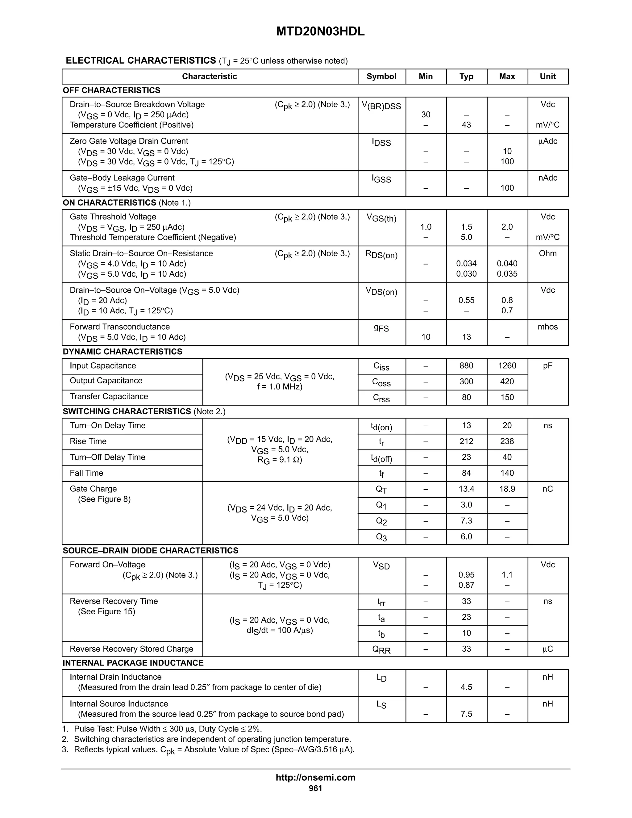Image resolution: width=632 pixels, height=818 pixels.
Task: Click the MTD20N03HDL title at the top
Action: click(x=320, y=31)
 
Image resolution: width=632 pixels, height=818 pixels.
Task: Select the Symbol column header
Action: click(x=381, y=77)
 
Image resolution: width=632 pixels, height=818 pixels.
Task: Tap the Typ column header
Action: click(x=466, y=77)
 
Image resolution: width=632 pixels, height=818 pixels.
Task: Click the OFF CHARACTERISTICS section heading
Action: click(x=112, y=90)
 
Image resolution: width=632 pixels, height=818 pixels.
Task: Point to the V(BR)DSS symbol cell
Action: click(x=381, y=106)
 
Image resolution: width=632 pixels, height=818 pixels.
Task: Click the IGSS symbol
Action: click(x=381, y=179)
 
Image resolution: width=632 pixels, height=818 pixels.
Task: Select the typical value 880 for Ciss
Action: click(x=466, y=365)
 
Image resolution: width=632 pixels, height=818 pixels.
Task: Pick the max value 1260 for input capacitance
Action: click(x=507, y=365)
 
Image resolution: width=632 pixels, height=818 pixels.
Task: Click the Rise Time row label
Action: click(x=88, y=441)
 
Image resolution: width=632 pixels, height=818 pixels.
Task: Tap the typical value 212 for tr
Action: click(x=466, y=441)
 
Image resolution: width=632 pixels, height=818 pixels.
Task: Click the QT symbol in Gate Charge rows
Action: click(x=381, y=489)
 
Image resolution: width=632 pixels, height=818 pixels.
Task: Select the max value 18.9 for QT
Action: click(x=507, y=489)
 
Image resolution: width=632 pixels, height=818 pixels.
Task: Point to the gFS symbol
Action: click(x=381, y=328)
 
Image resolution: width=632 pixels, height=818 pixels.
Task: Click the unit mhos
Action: click(x=547, y=327)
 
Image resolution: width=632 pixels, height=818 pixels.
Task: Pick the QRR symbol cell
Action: click(x=381, y=649)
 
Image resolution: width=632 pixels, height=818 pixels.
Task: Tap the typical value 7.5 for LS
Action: click(x=466, y=714)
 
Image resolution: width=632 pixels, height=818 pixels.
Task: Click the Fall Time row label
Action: click(x=86, y=473)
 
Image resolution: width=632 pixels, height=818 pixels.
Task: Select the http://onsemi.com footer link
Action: click(x=315, y=777)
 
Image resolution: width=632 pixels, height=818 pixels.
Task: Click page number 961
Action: click(x=315, y=788)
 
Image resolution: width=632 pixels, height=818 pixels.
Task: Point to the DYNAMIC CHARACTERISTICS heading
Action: click(x=123, y=352)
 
